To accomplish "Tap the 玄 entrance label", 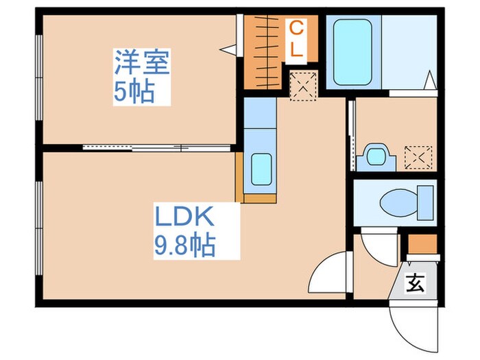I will point(416,282).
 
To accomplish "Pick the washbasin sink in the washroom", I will point(375,156).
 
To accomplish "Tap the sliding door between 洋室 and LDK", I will point(158,147).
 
